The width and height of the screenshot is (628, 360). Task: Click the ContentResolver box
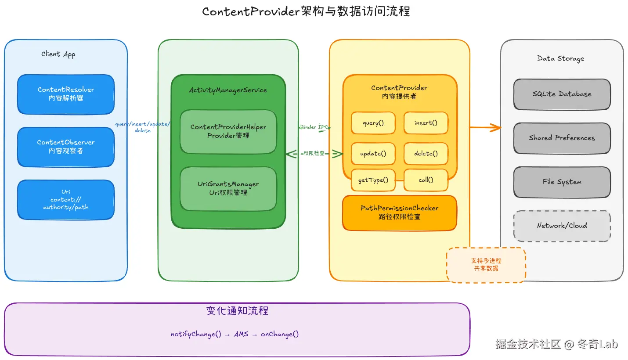pos(66,94)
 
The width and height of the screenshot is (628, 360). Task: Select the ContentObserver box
pos(66,147)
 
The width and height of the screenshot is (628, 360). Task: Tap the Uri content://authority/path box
pos(66,199)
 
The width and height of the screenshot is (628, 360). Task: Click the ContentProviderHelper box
pos(228,131)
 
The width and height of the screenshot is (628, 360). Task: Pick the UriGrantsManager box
pos(228,188)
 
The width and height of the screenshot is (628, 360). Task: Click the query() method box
pos(373,123)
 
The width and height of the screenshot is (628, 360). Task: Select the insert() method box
pos(426,123)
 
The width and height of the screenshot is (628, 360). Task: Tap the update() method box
pos(373,154)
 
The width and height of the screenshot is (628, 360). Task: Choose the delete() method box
pos(426,154)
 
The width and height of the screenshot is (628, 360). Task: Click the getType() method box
pos(373,180)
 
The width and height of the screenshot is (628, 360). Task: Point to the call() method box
pos(426,180)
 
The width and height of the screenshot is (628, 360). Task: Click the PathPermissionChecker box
pos(400,212)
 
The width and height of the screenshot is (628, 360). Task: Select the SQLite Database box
pos(562,94)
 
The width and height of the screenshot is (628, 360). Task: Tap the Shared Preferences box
pos(562,138)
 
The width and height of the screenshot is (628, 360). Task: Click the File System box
pos(562,182)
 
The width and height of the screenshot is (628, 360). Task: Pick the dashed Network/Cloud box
pos(562,226)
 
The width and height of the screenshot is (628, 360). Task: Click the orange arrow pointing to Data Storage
pos(486,128)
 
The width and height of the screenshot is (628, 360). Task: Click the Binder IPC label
pos(314,127)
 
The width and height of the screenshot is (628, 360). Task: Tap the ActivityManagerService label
pos(228,90)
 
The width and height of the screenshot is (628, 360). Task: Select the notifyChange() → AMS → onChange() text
pos(235,335)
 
